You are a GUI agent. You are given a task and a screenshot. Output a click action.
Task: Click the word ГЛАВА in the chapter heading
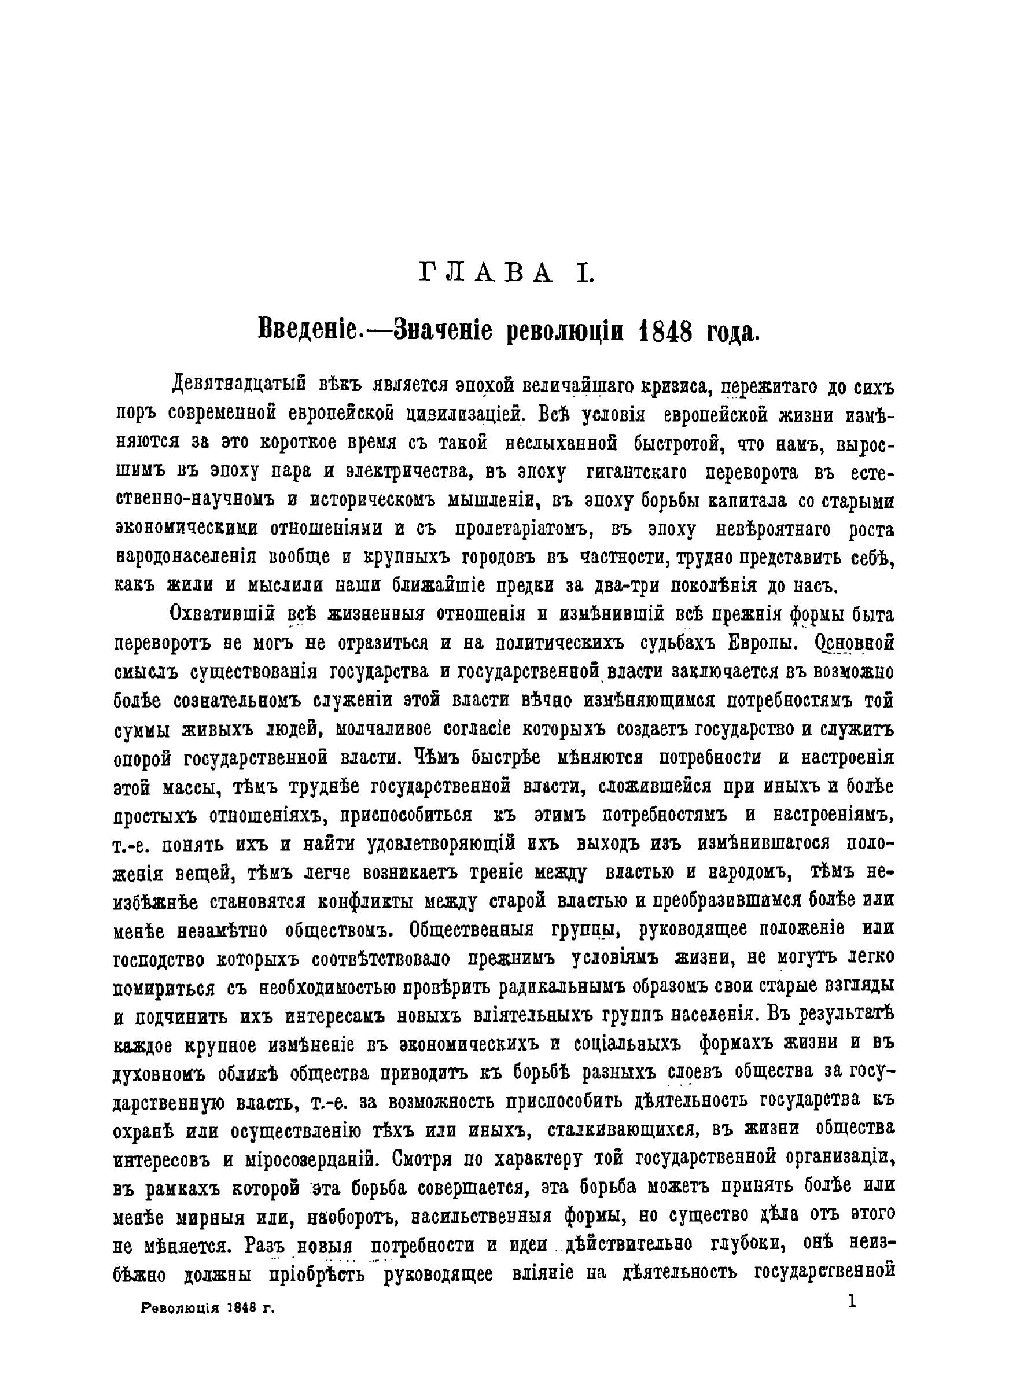[x=487, y=274]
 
